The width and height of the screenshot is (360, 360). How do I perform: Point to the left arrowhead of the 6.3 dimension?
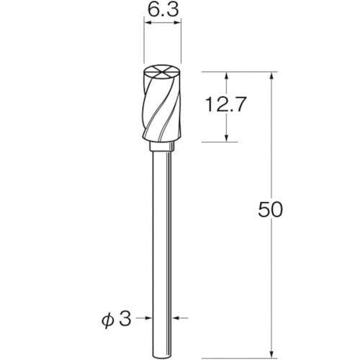(x=148, y=24)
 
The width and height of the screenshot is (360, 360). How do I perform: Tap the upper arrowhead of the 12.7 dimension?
(x=228, y=76)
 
